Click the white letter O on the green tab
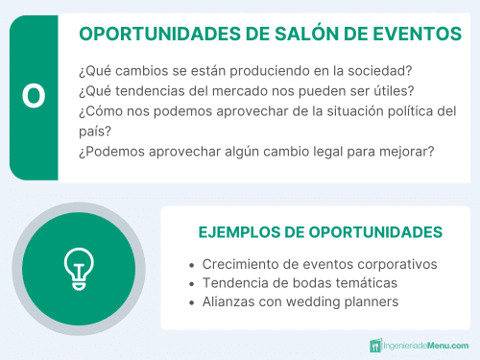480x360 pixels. [x=34, y=97]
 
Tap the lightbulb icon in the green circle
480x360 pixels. [x=78, y=269]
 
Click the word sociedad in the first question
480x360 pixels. [x=378, y=71]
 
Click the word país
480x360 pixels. [x=89, y=132]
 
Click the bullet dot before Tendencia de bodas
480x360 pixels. [x=192, y=284]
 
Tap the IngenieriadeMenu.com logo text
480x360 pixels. [x=426, y=345]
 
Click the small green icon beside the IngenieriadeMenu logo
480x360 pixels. [x=375, y=345]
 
